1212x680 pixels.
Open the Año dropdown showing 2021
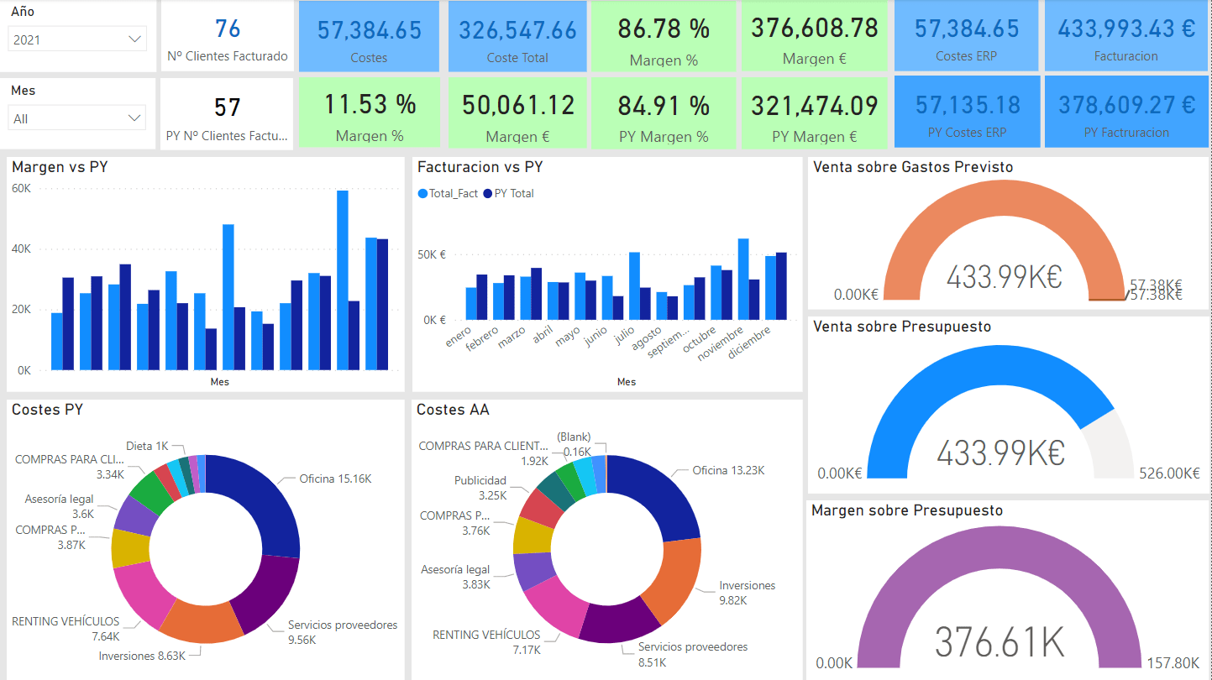tap(77, 39)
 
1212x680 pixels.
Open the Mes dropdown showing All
tap(77, 118)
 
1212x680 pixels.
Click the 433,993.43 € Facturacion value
tap(1126, 29)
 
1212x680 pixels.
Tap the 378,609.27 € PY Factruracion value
tap(1126, 105)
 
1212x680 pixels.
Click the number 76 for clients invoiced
tap(228, 29)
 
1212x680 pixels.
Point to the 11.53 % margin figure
tap(370, 105)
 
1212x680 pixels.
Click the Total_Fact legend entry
tap(453, 194)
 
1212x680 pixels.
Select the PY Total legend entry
tap(513, 194)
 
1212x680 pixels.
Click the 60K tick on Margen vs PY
tap(21, 189)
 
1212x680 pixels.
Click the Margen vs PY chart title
tap(60, 167)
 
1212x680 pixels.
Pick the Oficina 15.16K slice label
tap(335, 479)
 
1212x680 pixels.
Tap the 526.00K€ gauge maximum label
tap(1169, 473)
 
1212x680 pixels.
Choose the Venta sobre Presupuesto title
tap(902, 327)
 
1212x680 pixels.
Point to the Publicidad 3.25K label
tap(480, 488)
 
